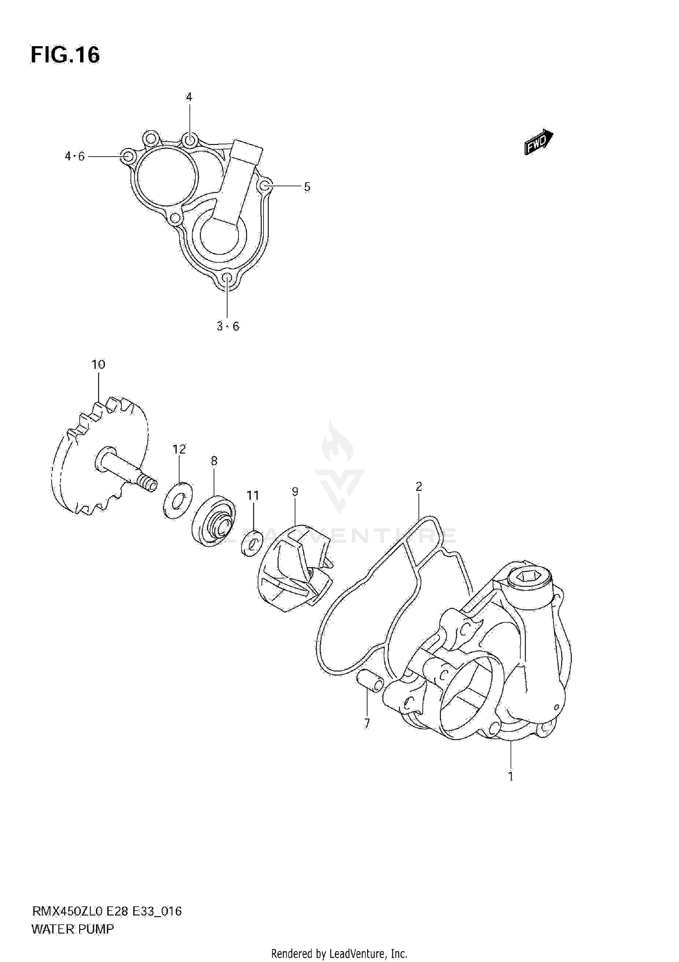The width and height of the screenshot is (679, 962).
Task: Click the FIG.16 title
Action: (65, 55)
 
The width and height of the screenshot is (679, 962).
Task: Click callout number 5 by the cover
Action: (307, 187)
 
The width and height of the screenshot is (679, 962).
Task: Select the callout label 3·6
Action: (228, 326)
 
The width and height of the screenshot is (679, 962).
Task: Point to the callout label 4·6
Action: (75, 157)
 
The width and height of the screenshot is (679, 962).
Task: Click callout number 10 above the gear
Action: (98, 364)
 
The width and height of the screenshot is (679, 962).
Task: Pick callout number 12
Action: (179, 449)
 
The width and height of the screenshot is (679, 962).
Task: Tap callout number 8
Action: (214, 461)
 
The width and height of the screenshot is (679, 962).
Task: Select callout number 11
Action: (253, 496)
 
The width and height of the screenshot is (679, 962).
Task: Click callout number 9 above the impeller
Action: (295, 491)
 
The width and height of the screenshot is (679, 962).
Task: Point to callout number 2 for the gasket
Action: (419, 487)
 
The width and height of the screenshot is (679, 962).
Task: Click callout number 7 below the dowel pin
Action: (367, 723)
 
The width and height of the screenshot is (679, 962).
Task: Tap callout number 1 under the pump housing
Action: (511, 776)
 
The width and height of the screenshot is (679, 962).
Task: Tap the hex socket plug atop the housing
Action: (528, 577)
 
